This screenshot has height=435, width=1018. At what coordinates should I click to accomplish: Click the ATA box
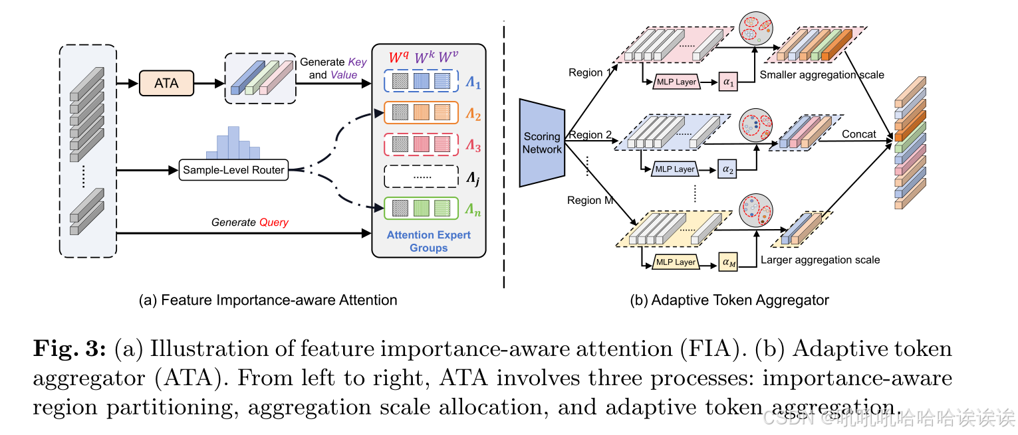tap(166, 83)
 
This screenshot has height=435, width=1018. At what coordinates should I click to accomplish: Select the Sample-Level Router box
tap(233, 170)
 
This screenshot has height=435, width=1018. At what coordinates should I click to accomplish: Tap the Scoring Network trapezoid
tap(542, 143)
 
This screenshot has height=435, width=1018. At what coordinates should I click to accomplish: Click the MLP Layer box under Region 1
tap(676, 82)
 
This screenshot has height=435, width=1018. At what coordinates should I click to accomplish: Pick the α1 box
tap(729, 82)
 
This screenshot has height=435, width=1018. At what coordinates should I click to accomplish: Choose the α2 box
tap(729, 169)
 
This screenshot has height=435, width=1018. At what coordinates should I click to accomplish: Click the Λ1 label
tap(472, 85)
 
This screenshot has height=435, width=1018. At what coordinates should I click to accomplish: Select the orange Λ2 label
tap(473, 115)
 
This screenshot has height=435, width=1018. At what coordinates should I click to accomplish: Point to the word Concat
tap(858, 134)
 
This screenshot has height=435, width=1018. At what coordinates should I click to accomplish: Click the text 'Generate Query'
tap(249, 222)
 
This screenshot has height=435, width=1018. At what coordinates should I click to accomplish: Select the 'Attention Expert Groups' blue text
tap(428, 241)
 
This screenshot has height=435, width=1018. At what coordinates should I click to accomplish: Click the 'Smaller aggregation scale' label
tap(822, 75)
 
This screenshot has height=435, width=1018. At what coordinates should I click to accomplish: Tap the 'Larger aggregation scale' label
tap(820, 260)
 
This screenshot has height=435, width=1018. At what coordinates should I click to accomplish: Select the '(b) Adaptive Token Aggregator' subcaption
tap(729, 300)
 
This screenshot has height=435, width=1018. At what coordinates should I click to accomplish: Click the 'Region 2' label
tap(590, 135)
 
